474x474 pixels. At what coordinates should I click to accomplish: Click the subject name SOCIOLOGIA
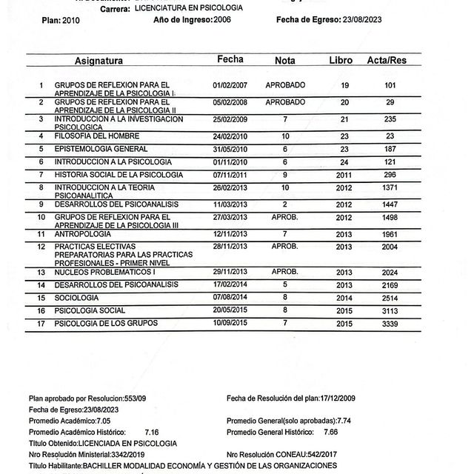coord(78,297)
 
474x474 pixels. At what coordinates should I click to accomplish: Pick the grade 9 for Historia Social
coord(285,175)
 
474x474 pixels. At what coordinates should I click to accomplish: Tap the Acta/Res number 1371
coord(391,189)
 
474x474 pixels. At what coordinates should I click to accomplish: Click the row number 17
coord(42,324)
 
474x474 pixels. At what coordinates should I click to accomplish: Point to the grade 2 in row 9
coord(285,204)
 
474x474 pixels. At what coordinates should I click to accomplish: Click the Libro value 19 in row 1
coord(344,86)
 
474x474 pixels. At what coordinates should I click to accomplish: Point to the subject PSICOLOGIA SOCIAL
coord(90,310)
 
